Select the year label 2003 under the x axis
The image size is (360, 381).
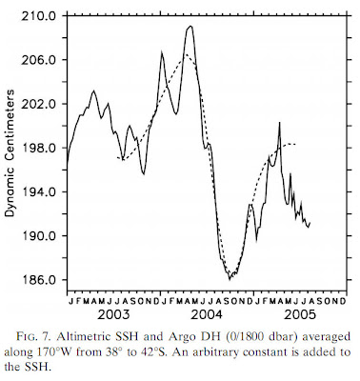[x=112, y=312]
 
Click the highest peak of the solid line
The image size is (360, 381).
[x=190, y=26]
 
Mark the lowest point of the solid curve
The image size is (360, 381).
[x=231, y=277]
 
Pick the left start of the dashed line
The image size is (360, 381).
[x=117, y=157]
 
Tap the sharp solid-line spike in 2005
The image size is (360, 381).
[x=279, y=123]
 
